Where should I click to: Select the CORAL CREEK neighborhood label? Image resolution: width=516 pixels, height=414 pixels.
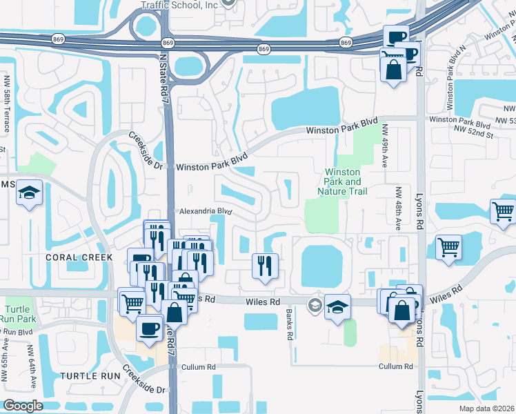click(79, 257)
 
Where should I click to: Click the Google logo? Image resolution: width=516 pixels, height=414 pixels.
click(22, 406)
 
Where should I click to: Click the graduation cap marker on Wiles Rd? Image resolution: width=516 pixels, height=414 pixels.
click(337, 307)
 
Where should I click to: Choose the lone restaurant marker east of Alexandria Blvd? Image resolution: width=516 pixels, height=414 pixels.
click(265, 266)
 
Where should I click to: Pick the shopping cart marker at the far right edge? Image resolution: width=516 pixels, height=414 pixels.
click(503, 211)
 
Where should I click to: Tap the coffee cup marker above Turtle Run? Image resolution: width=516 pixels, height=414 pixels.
click(150, 328)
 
